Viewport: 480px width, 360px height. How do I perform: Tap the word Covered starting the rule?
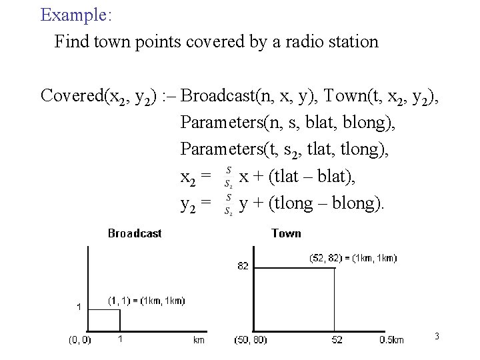coord(71,96)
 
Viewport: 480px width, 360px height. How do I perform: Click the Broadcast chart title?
coord(135,233)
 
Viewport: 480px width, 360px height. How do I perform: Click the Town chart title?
coord(286,233)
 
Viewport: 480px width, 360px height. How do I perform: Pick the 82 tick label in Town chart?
coord(242,265)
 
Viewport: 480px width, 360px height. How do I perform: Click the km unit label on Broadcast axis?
coord(199,340)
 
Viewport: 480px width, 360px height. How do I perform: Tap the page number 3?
coord(437,336)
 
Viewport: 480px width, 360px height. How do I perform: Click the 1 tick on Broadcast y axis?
coord(79,307)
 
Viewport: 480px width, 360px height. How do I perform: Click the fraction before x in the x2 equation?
coord(229,176)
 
